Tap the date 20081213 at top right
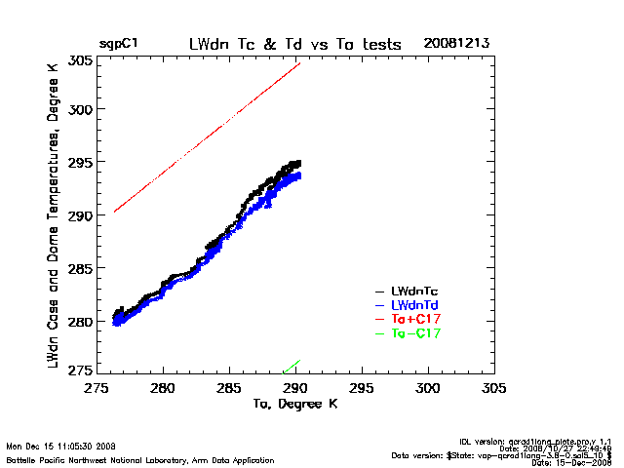[x=456, y=44]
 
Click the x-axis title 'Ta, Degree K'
[x=294, y=403]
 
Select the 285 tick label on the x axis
[x=229, y=388]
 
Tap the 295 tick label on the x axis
[x=362, y=388]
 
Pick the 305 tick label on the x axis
[x=494, y=388]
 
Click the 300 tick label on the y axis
[x=80, y=109]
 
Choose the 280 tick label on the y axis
[x=80, y=321]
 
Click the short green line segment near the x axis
[x=292, y=366]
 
